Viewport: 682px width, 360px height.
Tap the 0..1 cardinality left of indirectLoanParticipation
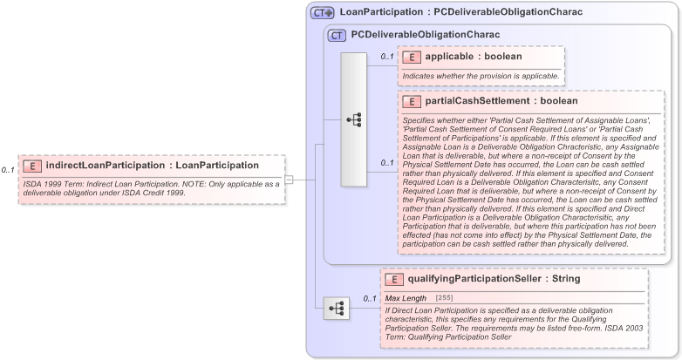pos(8,170)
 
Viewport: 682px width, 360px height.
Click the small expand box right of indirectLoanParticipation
pos(289,180)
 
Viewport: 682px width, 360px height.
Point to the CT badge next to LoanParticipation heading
pos(323,13)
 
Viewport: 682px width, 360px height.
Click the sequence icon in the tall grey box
pos(354,119)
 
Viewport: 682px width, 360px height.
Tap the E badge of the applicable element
pos(412,57)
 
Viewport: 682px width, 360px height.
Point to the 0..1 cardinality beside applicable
pos(387,57)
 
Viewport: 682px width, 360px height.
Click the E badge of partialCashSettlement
pos(412,101)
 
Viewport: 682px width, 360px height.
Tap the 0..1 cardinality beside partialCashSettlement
pos(387,162)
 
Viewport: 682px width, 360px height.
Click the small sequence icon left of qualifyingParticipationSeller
pos(336,309)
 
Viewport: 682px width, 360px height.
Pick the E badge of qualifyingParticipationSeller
pos(394,279)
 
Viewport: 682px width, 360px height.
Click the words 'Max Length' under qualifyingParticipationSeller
pos(406,298)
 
